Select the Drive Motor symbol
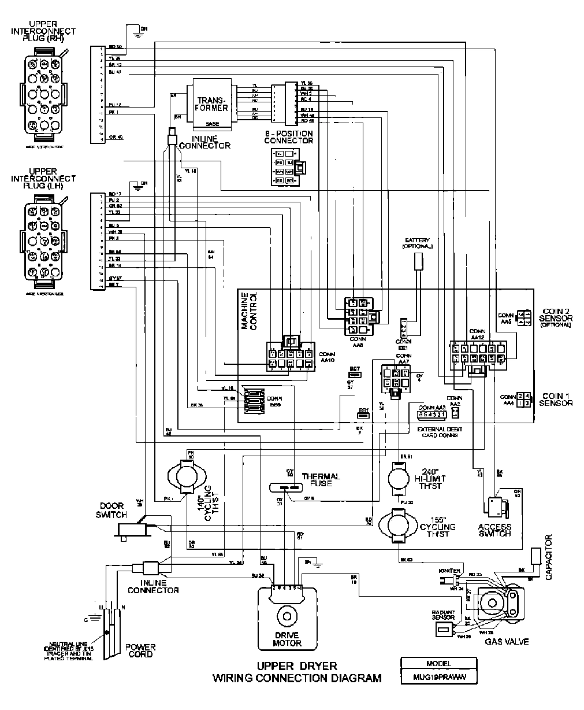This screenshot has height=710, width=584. (287, 617)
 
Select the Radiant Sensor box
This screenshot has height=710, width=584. (443, 628)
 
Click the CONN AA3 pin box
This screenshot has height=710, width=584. (432, 413)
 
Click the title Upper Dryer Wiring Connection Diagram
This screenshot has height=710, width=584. (297, 672)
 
